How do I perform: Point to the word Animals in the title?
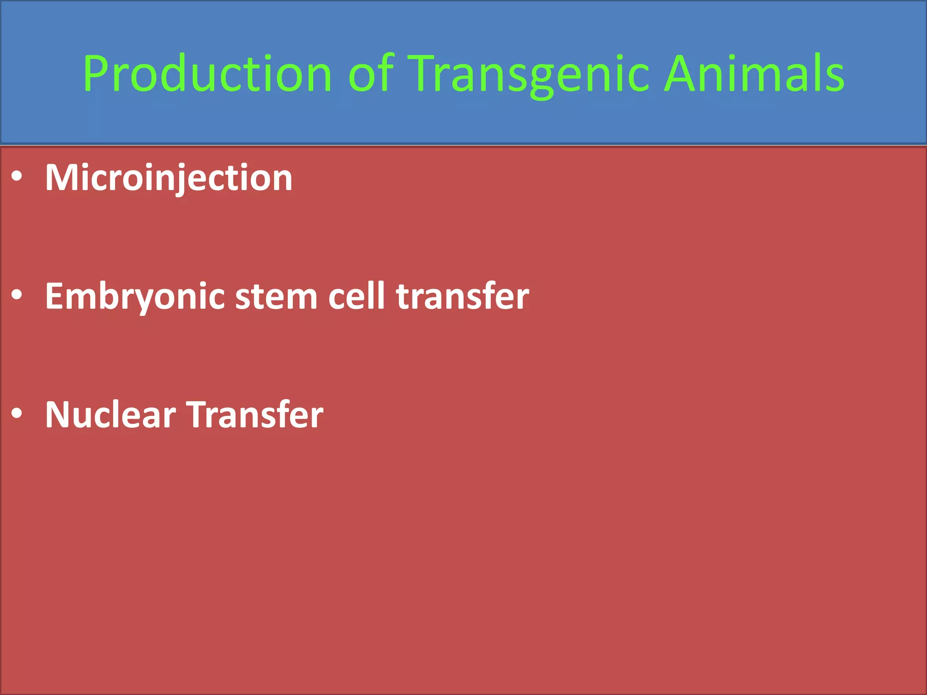[x=754, y=73]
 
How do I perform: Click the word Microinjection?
[x=168, y=178]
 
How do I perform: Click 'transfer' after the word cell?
[x=462, y=296]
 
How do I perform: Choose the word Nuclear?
[x=110, y=415]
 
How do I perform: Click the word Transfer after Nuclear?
[x=255, y=415]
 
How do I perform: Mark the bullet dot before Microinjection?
[x=17, y=177]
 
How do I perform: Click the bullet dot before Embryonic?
[x=17, y=295]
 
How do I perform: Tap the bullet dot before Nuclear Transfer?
[x=17, y=414]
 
